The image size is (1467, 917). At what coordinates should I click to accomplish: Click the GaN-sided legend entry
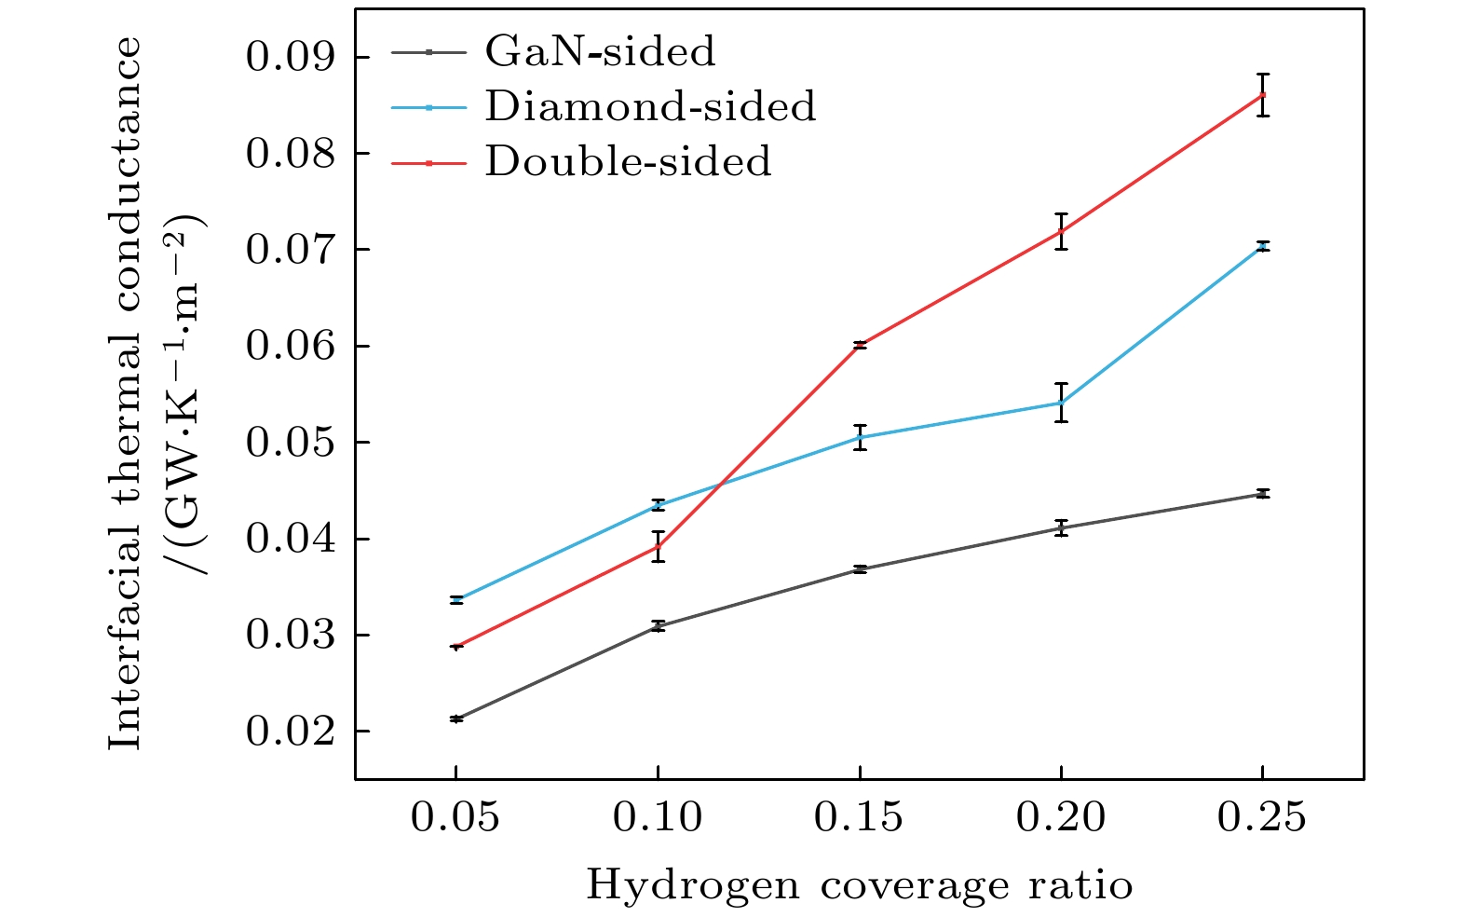[599, 52]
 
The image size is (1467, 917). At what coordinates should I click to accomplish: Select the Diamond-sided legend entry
[649, 107]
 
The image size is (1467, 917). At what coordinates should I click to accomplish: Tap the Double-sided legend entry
[627, 162]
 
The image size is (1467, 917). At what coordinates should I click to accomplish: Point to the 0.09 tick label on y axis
[290, 58]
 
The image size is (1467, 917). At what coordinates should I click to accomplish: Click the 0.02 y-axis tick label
[290, 732]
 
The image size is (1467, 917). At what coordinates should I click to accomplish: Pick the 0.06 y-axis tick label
[290, 346]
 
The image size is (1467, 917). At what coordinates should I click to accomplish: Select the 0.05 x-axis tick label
[455, 818]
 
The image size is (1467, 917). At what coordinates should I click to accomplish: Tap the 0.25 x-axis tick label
[1262, 818]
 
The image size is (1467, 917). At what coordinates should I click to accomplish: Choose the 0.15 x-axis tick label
[859, 818]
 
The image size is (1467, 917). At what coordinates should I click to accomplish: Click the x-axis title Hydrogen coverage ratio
[859, 884]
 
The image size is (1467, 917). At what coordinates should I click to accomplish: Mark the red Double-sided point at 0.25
[1262, 94]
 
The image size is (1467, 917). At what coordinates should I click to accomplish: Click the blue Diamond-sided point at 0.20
[1061, 403]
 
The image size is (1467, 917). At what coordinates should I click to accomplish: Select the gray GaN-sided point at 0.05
[456, 719]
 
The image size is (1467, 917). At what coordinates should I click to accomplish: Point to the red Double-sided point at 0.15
[860, 345]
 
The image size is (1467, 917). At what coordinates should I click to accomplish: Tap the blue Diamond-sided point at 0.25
[1262, 247]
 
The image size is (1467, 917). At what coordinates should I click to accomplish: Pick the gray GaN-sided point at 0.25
[1262, 494]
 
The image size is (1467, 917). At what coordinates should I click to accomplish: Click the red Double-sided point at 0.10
[658, 546]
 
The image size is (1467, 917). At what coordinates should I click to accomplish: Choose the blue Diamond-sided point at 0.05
[456, 600]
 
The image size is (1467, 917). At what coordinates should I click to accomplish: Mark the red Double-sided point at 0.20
[1061, 231]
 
